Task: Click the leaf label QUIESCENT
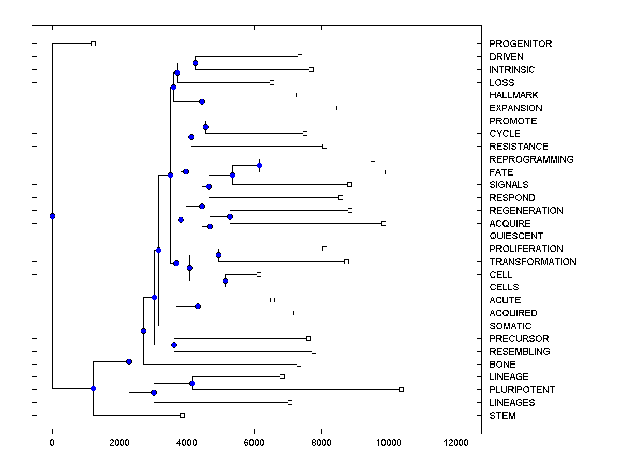516,236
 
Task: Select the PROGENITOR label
521,44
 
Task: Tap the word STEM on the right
502,416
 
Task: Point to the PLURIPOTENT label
522,390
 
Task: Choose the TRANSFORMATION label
533,262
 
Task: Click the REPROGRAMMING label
531,159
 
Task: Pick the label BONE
502,365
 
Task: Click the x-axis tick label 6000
254,443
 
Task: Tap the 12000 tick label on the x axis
456,443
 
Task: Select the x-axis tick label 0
52,443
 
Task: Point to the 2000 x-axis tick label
120,443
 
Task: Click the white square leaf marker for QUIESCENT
461,236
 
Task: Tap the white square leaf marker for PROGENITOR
93,43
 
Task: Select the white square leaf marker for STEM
182,415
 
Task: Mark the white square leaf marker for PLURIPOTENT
401,389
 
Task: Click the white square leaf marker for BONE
299,364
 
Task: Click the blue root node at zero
52,216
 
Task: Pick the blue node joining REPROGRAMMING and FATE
259,165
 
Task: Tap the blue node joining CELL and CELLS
225,281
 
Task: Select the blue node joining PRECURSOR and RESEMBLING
174,345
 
